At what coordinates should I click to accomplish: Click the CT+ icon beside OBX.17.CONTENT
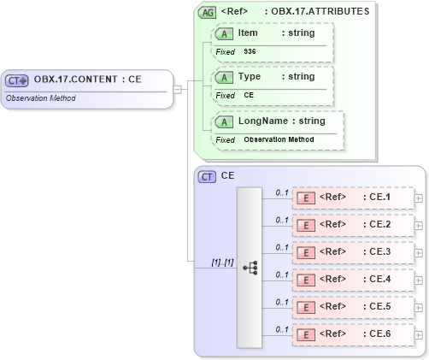[x=18, y=80]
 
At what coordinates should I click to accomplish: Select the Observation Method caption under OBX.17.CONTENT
[x=40, y=98]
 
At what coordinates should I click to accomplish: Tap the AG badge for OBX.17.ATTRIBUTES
[x=207, y=12]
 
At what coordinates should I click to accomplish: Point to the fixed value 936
[x=250, y=52]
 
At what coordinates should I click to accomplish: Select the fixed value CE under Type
[x=249, y=96]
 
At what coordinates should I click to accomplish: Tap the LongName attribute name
[x=263, y=121]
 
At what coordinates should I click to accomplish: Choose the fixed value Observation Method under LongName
[x=279, y=139]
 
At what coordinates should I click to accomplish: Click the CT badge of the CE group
[x=207, y=176]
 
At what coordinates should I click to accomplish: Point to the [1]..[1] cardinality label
[x=222, y=262]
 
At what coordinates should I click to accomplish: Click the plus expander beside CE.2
[x=418, y=225]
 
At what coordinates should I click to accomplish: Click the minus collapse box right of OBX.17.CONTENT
[x=177, y=88]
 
